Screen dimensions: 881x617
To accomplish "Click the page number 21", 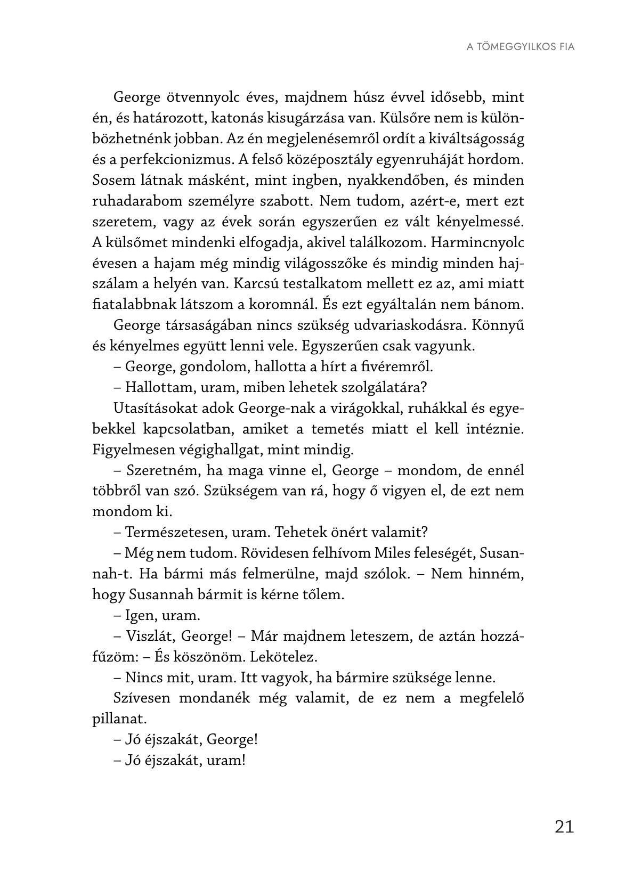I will coord(564,826).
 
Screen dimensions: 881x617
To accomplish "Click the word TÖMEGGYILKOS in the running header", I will coord(509,46).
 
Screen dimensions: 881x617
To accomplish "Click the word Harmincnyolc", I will coord(477,242).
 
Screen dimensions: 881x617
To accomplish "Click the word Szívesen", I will coord(140,698).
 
